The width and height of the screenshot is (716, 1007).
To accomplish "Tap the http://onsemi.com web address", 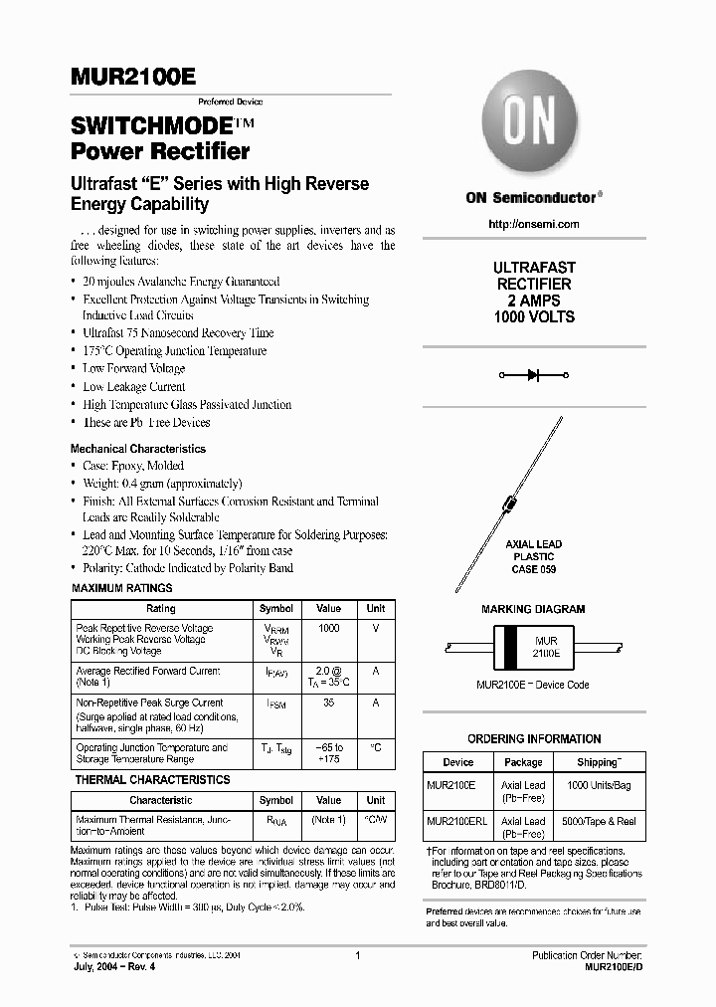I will [x=534, y=224].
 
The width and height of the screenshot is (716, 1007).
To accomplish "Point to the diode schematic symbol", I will [x=534, y=375].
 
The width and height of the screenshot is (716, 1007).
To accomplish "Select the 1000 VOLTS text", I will [x=534, y=316].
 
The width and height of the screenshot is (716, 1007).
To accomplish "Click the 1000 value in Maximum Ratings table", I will [x=328, y=629].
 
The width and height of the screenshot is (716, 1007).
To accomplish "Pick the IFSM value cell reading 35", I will [x=328, y=703].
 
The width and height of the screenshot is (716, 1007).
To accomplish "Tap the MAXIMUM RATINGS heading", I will [x=122, y=588].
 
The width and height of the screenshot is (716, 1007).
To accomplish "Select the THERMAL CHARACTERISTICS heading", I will [x=152, y=780].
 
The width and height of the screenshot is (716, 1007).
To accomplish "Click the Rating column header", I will [x=161, y=608].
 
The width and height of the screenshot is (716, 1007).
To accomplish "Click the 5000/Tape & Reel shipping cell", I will [x=598, y=821].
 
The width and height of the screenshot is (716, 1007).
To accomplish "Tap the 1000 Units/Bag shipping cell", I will [x=598, y=785].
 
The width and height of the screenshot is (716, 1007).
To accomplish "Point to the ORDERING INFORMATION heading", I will [x=534, y=739].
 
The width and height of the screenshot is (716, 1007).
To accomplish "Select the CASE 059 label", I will [x=534, y=569].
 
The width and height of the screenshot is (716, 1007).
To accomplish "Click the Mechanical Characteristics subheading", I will [x=138, y=449].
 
